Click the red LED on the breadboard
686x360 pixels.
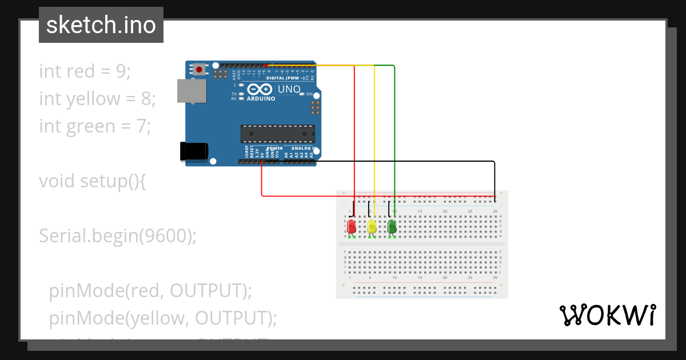[x=351, y=226]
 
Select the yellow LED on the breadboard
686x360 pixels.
[x=372, y=226]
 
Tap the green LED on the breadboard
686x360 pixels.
[x=392, y=226]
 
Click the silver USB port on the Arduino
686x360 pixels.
[x=192, y=91]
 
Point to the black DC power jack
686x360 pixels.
[x=193, y=151]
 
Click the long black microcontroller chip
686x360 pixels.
[x=277, y=133]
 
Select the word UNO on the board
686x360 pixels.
[x=289, y=89]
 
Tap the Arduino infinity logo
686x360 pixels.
[x=261, y=90]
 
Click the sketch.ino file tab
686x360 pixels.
[x=101, y=25]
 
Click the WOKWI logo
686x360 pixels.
[x=607, y=315]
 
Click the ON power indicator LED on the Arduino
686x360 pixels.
[x=302, y=94]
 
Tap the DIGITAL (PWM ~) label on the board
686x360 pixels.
[x=286, y=78]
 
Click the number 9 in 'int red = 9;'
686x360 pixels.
[x=121, y=71]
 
